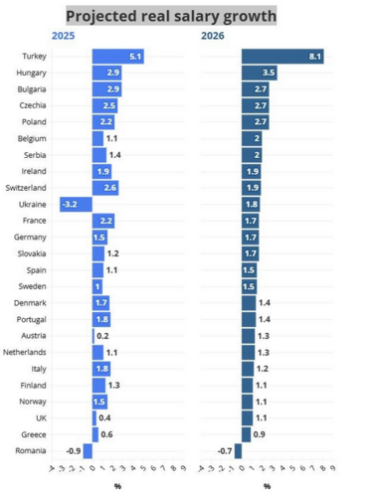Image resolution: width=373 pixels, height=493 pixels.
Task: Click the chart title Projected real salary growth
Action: coord(170,16)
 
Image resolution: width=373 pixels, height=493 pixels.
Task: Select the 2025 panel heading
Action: coord(63,37)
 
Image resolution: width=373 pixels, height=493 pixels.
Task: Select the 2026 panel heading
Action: coord(212,37)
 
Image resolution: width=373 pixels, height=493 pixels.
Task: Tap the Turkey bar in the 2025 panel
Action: coord(118,57)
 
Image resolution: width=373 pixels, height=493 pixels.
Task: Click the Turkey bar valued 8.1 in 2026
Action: coord(282,57)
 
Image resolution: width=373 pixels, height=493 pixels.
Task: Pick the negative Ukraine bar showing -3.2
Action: coord(76,204)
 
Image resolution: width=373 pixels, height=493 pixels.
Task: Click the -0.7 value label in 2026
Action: coord(225,450)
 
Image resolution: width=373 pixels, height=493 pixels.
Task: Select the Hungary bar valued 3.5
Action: coord(259,73)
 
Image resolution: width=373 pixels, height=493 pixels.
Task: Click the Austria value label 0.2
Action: coord(103,336)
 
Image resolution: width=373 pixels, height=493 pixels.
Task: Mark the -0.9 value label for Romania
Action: coord(73,450)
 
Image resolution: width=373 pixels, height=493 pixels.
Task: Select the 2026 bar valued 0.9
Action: coord(246,434)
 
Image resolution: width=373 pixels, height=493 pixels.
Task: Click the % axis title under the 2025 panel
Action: coord(116,485)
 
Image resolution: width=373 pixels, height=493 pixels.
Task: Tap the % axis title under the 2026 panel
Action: coord(267,485)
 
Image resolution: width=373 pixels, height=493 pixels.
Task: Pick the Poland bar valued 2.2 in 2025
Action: coord(103,121)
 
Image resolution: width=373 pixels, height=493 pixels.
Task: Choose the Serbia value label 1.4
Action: coord(113,155)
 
